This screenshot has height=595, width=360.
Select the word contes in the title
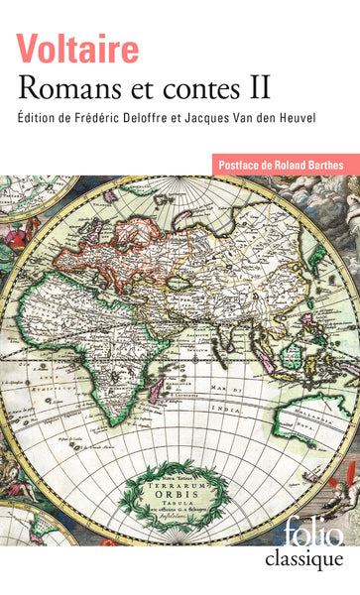[198, 89]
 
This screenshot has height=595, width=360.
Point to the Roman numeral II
[259, 89]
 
